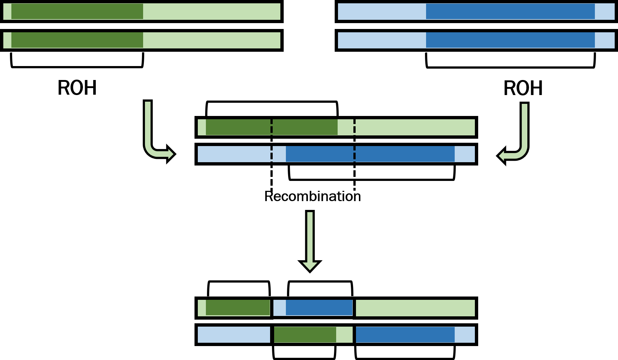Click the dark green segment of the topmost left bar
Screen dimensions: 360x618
point(77,11)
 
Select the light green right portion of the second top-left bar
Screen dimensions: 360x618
point(211,40)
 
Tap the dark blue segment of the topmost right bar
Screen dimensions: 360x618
point(510,11)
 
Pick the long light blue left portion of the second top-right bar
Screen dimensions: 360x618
point(382,40)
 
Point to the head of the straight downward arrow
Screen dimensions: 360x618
point(310,266)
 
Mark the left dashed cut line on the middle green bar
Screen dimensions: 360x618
point(272,127)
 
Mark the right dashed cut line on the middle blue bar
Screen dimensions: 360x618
point(355,154)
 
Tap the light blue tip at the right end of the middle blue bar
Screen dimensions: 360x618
point(465,154)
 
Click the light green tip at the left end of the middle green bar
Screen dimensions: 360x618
point(201,127)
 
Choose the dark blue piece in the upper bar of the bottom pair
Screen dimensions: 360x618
point(319,308)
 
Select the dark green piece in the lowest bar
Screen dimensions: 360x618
point(305,335)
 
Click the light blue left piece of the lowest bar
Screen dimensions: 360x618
point(234,335)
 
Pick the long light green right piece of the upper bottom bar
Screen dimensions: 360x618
point(415,308)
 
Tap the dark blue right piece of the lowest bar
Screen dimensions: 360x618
point(405,335)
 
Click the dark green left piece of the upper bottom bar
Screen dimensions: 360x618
point(237,308)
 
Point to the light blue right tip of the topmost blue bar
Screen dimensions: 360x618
point(604,11)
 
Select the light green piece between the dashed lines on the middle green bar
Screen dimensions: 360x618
point(345,127)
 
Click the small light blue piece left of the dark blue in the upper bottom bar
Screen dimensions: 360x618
point(279,308)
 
